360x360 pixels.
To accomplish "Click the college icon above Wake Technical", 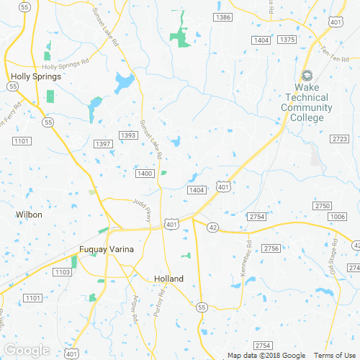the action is pos(307,75).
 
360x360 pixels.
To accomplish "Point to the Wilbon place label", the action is pos(29,215).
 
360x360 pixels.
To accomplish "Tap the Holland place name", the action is pos(169,279).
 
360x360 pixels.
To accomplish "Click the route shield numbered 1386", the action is pos(223,17).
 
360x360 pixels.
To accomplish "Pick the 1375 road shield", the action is pos(287,40).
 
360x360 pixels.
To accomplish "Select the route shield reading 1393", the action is pos(128,135).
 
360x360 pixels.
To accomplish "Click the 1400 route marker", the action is pos(145,174).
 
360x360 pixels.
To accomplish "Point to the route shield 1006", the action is pos(336,217).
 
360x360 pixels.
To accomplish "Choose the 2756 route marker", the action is pos(271,248).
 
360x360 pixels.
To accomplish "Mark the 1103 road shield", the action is pos(63,271).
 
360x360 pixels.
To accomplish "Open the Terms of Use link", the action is pos(333,355).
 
